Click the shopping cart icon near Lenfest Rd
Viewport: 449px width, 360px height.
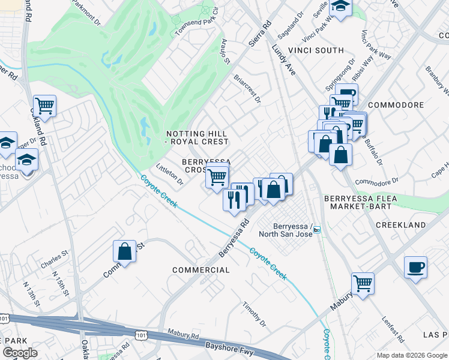click(x=363, y=283)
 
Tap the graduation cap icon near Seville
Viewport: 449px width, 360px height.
click(x=341, y=7)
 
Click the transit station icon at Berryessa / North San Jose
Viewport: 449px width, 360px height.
click(x=317, y=229)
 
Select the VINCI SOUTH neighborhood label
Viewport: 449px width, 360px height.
click(x=315, y=50)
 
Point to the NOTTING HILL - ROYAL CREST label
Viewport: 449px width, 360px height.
click(x=197, y=137)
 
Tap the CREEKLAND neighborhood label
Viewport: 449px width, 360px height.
click(x=400, y=225)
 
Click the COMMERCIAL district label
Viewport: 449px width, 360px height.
click(x=201, y=270)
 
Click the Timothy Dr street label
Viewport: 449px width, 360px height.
click(x=256, y=314)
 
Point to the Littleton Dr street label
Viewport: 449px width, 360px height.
click(x=169, y=174)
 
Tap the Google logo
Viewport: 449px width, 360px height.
click(x=19, y=353)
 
